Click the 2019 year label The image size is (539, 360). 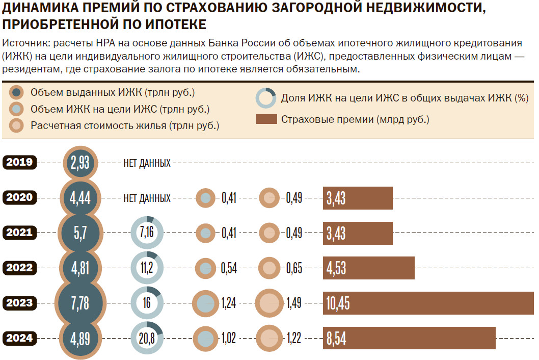(x=20, y=163)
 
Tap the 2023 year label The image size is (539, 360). (x=20, y=303)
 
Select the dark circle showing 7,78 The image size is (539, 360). (x=80, y=303)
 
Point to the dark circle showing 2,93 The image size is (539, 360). (x=80, y=163)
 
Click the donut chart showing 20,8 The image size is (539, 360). (x=147, y=338)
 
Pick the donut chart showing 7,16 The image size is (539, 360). (x=147, y=233)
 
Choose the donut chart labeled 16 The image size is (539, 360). (x=147, y=303)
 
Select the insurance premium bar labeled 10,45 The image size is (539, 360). (x=428, y=303)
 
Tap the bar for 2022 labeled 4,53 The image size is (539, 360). (x=368, y=268)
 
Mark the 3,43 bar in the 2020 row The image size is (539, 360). (x=358, y=198)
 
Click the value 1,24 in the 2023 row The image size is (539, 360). (x=229, y=303)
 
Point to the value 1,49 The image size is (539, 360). (x=294, y=303)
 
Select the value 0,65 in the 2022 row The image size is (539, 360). (x=294, y=268)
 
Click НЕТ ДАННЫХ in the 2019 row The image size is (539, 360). (x=147, y=163)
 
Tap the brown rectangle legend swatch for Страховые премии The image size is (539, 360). (x=265, y=120)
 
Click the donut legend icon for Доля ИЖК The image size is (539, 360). (x=265, y=98)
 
